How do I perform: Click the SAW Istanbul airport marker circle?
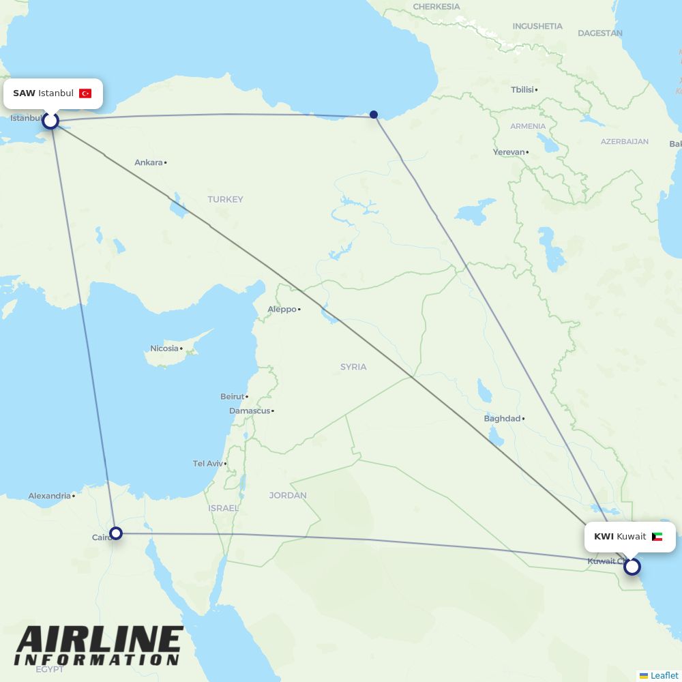(x=50, y=121)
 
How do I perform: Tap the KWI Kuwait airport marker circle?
(x=632, y=566)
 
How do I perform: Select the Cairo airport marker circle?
(x=116, y=533)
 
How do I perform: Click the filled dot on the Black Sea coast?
(x=374, y=115)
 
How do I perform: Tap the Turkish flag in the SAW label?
(x=85, y=93)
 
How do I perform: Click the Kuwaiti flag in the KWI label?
(x=657, y=537)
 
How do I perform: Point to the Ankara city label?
(x=149, y=162)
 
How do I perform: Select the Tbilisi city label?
(x=522, y=89)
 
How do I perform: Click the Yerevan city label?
(x=509, y=152)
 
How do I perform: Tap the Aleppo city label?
(x=282, y=309)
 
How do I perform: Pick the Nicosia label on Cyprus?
(x=164, y=349)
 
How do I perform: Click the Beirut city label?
(x=232, y=396)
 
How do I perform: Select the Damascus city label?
(x=249, y=411)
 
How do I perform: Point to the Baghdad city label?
(x=502, y=418)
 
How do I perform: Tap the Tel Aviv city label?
(x=207, y=464)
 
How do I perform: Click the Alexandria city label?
(x=49, y=496)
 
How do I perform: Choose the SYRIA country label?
(x=353, y=367)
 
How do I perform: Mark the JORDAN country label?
(x=288, y=495)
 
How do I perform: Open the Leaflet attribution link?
(x=664, y=675)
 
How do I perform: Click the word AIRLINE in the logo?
(x=99, y=640)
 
